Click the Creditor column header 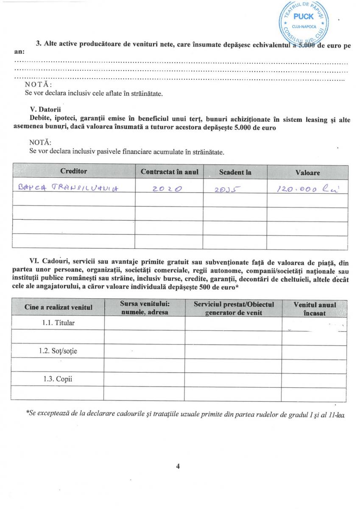point(73,171)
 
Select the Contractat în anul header point(169,172)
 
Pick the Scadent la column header point(235,172)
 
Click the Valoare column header point(307,173)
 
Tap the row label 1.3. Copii point(57,379)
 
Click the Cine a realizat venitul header point(58,307)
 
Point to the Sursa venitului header point(144,308)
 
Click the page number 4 point(178,466)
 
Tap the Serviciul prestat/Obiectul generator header point(233,308)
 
